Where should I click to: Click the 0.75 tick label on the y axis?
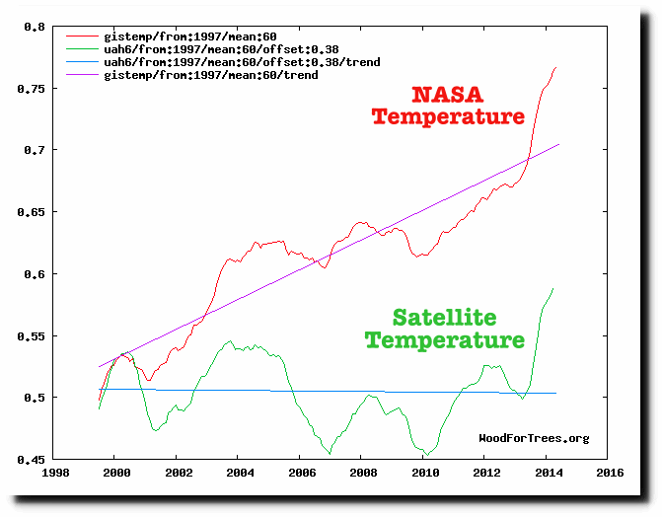pyautogui.click(x=35, y=88)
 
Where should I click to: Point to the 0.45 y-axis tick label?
pyautogui.click(x=35, y=460)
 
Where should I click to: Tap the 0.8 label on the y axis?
pyautogui.click(x=38, y=27)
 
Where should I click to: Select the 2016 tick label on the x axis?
pyautogui.click(x=608, y=473)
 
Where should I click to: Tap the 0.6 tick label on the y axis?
pyautogui.click(x=38, y=274)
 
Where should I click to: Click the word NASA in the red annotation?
pyautogui.click(x=447, y=96)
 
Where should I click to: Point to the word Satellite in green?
pyautogui.click(x=443, y=318)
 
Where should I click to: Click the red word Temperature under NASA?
pyautogui.click(x=447, y=117)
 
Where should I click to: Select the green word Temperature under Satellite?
pyautogui.click(x=443, y=340)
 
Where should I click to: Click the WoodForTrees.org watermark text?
pyautogui.click(x=534, y=438)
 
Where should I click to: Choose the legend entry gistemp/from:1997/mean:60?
pyautogui.click(x=179, y=37)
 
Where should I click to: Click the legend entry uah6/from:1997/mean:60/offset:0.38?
pyautogui.click(x=192, y=49)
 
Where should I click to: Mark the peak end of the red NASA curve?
pyautogui.click(x=556, y=67)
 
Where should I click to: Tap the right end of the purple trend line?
pyautogui.click(x=559, y=144)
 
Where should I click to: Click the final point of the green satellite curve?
pyautogui.click(x=553, y=288)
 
